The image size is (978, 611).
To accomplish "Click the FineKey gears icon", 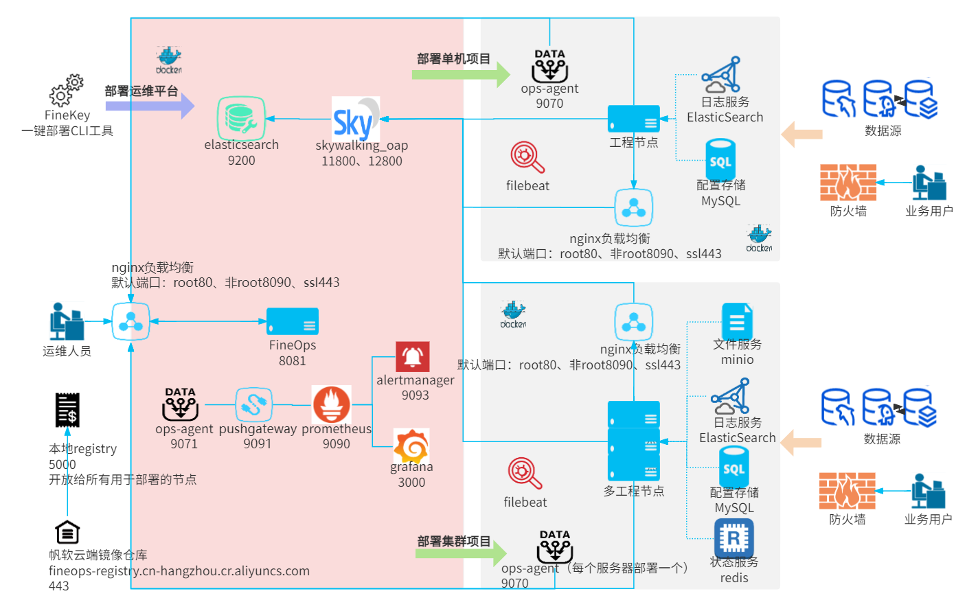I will [67, 91].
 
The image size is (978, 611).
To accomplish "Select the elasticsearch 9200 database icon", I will [241, 118].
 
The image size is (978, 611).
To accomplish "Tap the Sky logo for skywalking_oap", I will [355, 119].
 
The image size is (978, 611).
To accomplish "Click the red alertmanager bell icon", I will [413, 357].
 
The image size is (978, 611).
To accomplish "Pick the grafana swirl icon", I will [411, 446].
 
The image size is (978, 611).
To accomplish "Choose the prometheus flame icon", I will [332, 404].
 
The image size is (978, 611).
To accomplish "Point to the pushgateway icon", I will [253, 404].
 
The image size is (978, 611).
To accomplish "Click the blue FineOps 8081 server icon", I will [293, 321].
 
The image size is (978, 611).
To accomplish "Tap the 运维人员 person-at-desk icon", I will [67, 321].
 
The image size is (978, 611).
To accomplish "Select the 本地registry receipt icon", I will [67, 410].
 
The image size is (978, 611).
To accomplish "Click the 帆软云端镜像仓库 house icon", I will [67, 532].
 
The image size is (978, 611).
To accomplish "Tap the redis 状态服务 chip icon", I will [733, 538].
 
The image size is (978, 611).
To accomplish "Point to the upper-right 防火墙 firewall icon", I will [848, 183].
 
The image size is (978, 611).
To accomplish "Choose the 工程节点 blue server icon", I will [633, 119].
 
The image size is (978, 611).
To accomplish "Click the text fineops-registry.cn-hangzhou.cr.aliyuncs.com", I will [179, 571].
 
